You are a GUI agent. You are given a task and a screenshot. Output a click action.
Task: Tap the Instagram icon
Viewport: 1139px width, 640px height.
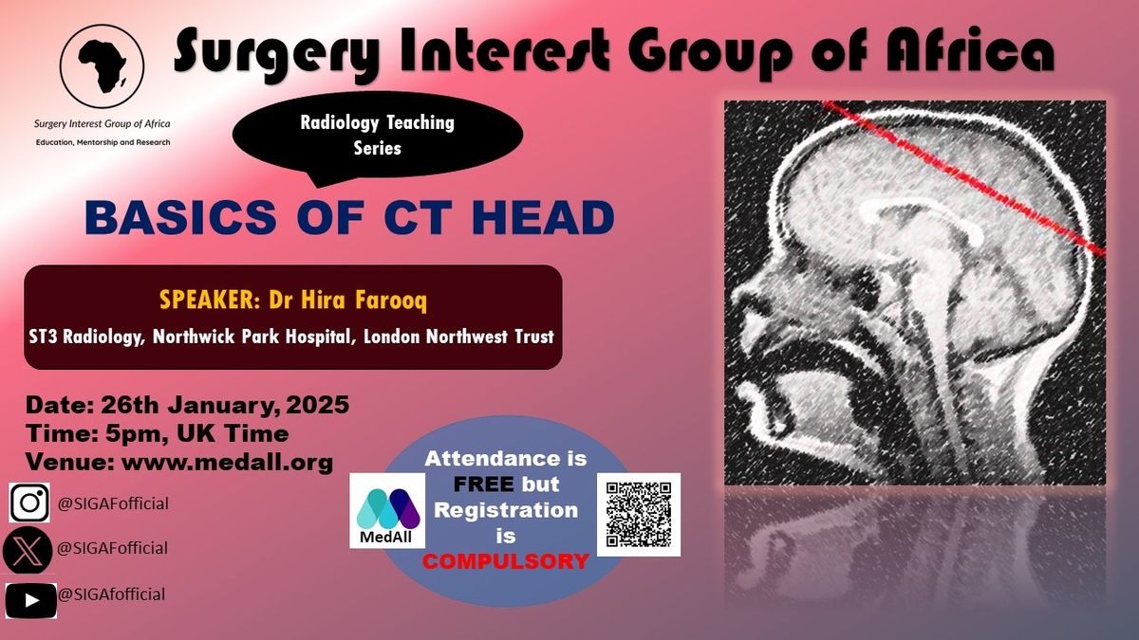tap(29, 503)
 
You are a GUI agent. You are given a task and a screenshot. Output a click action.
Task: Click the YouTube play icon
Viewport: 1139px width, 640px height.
tap(31, 601)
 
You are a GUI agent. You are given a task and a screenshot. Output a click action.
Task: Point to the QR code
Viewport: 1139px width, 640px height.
tap(639, 515)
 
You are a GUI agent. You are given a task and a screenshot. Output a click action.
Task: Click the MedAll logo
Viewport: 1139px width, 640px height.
tap(387, 511)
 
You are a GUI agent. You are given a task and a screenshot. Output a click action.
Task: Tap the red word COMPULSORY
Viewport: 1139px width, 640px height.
tap(505, 561)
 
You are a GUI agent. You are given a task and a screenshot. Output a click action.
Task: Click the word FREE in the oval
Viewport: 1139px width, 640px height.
tap(483, 485)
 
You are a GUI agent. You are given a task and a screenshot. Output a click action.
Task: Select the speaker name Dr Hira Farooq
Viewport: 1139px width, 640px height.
tap(347, 300)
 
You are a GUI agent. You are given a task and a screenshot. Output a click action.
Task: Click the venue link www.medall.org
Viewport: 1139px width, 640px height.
tap(227, 463)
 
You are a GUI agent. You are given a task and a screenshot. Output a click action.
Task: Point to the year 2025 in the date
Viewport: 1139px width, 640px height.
tap(318, 405)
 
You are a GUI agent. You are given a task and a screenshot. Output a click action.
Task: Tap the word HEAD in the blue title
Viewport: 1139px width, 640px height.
tap(543, 217)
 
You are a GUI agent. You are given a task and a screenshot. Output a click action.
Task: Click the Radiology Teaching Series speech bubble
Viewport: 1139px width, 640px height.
tap(378, 137)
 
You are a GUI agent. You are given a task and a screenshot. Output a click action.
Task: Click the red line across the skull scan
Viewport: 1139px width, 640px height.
tap(963, 178)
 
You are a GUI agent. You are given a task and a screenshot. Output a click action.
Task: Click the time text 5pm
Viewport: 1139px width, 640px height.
tap(135, 434)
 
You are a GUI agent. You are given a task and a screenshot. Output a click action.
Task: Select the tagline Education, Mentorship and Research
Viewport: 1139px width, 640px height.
tap(103, 142)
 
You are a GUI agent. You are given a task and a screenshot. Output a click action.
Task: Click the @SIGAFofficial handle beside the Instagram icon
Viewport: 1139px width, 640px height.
tap(113, 503)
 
